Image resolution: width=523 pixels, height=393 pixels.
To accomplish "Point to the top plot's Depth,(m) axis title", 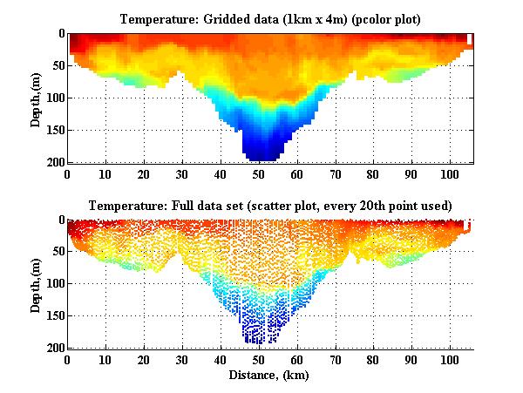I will pyautogui.click(x=36, y=98).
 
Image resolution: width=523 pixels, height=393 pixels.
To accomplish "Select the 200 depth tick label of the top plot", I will pyautogui.click(x=55, y=162).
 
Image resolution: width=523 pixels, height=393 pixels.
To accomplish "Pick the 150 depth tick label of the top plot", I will pyautogui.click(x=55, y=130).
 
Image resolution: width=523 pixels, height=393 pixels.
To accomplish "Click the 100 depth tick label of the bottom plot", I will pyautogui.click(x=55, y=284).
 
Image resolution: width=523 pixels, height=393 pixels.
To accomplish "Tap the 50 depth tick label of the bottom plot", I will pyautogui.click(x=58, y=252).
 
